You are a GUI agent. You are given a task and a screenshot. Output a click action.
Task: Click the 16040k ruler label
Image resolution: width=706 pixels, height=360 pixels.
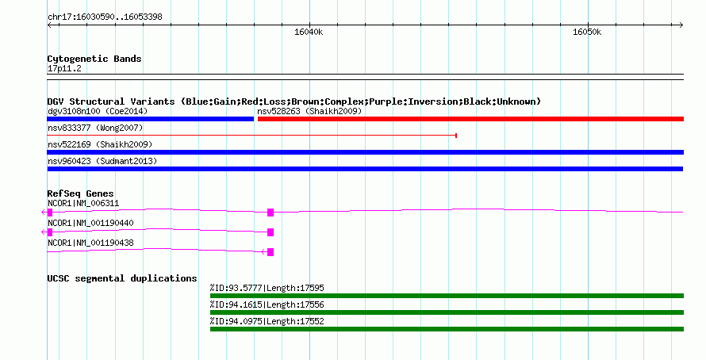pos(309,32)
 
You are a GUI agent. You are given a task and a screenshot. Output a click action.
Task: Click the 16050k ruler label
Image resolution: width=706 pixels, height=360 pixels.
pos(587,32)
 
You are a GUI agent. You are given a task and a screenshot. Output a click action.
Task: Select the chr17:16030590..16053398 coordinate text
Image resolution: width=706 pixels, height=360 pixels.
pos(105,17)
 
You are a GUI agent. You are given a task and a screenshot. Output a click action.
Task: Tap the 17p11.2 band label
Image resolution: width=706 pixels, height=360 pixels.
pos(64,68)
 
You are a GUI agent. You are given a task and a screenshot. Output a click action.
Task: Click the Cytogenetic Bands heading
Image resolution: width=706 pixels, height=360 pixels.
pos(94,59)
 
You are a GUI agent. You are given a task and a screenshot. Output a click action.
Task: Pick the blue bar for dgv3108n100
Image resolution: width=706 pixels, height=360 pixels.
pos(151,119)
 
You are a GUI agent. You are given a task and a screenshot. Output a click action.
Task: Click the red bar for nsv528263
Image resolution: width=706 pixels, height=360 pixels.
pos(470,119)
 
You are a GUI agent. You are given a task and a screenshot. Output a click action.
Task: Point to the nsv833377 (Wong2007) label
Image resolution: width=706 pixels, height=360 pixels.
pos(95,128)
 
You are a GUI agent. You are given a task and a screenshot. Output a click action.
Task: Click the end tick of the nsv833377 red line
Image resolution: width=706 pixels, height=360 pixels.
pos(457,136)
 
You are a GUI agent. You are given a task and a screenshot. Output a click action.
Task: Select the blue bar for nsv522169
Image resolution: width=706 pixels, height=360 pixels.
pos(365,152)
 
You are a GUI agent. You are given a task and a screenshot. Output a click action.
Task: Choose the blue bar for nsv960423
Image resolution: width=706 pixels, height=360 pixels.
pos(365,169)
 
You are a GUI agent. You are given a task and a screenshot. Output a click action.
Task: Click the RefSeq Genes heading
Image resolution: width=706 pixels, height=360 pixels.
pos(81,193)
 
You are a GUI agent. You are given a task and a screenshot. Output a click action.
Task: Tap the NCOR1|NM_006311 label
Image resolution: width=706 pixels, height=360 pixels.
pos(83,204)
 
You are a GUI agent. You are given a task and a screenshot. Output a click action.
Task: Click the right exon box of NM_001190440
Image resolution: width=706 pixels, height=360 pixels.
pos(271,232)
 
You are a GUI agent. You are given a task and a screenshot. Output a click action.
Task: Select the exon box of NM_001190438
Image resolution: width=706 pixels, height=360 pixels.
pos(271,252)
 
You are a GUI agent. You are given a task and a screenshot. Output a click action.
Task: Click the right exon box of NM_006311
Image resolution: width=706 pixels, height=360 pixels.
pos(271,213)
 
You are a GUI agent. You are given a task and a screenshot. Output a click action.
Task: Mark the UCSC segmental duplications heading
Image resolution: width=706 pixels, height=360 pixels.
pos(122,278)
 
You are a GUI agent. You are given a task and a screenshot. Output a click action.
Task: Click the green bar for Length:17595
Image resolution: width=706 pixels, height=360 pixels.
pos(447,296)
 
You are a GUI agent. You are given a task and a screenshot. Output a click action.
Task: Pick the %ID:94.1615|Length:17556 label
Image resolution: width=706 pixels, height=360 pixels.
pos(267,304)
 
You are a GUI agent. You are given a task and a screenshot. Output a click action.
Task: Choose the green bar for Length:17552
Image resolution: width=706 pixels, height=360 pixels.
pos(447,329)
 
